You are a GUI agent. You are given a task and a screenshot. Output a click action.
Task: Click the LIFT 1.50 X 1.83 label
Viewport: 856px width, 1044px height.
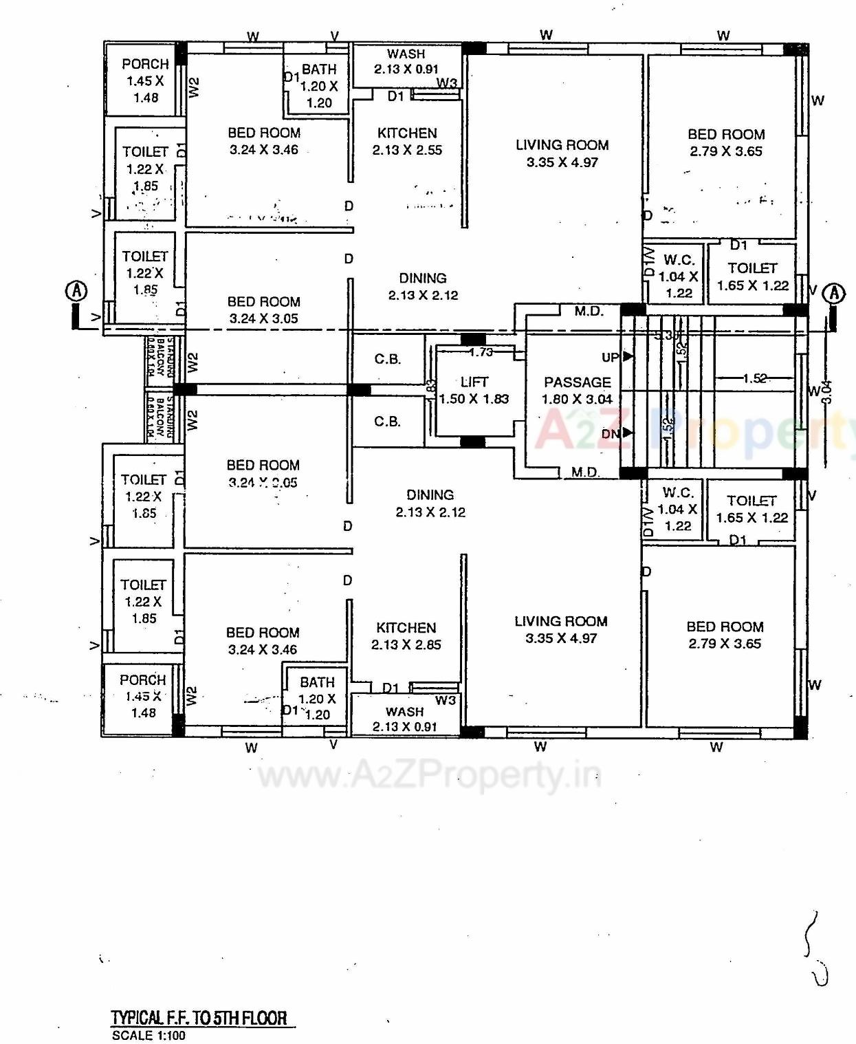coord(474,390)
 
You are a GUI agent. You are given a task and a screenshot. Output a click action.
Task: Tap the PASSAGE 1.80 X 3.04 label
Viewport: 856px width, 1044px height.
coord(577,390)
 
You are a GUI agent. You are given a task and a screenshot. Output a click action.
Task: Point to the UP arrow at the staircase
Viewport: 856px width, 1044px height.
coord(626,356)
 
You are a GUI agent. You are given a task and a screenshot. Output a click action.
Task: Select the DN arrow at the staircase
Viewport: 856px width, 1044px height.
coord(626,433)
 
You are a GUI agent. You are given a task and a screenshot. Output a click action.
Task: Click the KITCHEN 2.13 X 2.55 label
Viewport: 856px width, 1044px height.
coord(407,141)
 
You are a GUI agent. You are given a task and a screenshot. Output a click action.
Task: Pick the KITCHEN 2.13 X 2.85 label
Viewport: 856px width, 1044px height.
coord(406,635)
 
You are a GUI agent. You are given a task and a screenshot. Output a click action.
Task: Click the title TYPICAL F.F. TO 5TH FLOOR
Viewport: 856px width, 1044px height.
coord(199,1018)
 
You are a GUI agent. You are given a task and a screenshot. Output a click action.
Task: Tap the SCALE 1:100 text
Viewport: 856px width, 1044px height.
coord(149,1035)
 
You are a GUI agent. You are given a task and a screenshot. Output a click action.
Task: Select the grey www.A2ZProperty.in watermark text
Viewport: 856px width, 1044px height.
coord(429,776)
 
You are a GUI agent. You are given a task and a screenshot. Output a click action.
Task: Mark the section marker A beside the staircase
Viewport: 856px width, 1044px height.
coord(834,293)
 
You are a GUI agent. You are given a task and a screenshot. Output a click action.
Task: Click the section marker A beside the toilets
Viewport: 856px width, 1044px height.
coord(76,291)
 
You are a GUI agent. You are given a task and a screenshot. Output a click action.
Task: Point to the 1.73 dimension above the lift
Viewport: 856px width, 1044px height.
coord(481,352)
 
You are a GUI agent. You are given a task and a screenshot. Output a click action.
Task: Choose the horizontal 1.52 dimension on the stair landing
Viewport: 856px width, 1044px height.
coord(754,378)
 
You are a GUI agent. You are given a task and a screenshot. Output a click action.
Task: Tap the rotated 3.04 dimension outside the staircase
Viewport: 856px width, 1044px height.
coord(827,392)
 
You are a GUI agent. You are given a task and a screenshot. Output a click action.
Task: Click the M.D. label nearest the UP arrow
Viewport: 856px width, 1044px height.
coord(589,311)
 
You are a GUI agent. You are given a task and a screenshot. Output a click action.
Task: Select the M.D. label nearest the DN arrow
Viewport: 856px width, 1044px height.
coord(585,472)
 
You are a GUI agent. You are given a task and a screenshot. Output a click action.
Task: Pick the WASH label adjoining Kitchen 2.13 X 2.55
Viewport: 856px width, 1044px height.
coord(406,61)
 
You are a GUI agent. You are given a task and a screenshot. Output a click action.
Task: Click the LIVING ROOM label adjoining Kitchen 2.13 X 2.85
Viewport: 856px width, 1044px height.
coord(561,629)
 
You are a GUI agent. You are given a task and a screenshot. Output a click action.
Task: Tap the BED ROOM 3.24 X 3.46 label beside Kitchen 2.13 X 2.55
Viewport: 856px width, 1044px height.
coord(264,141)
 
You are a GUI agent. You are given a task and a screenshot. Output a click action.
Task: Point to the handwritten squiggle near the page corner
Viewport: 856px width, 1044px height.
coord(815,949)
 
